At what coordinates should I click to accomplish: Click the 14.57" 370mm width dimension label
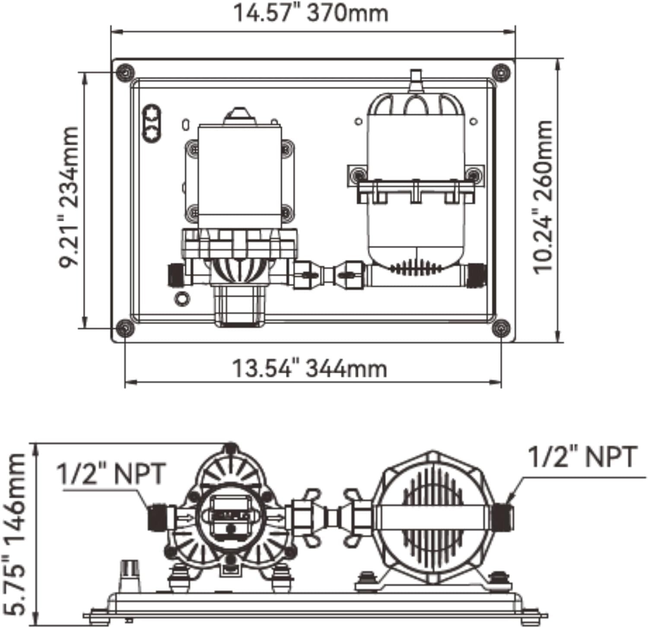[x=311, y=13]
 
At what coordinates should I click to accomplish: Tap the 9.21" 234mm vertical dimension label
[x=70, y=197]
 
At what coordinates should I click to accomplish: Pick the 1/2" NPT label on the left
[x=111, y=473]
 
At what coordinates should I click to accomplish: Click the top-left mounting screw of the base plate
[x=125, y=73]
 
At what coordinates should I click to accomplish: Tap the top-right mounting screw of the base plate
[x=501, y=73]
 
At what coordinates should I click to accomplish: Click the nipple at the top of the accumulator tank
[x=415, y=80]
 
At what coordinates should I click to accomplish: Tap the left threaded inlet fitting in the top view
[x=175, y=275]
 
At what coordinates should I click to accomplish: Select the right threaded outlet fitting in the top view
[x=476, y=275]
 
